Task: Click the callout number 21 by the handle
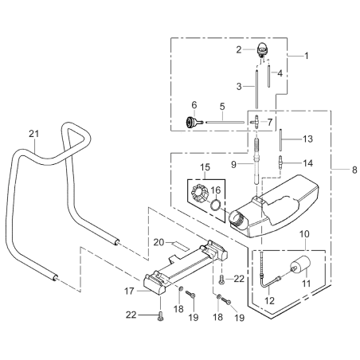click(33, 132)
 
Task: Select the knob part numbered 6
click(191, 122)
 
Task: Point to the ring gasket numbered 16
click(216, 209)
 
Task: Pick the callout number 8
click(332, 169)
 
